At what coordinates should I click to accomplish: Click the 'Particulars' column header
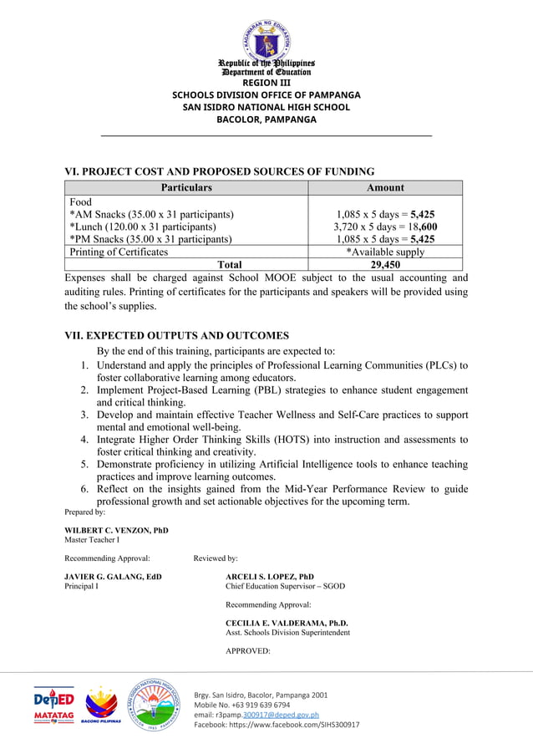point(186,187)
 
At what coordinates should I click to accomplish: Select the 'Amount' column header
point(384,187)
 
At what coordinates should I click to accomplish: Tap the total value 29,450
point(384,265)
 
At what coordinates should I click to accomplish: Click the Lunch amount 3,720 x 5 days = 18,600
point(384,227)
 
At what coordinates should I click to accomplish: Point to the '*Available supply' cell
point(384,252)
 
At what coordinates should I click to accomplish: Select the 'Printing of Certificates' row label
point(119,252)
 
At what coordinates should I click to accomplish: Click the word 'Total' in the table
point(229,265)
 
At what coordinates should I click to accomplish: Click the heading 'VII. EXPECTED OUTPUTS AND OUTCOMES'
point(176,335)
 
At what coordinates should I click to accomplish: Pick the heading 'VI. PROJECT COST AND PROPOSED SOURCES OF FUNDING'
point(220,171)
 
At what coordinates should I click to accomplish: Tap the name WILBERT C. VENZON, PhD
point(116,530)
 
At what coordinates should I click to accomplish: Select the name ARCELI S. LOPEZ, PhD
point(270,577)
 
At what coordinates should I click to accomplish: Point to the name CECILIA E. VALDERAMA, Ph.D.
point(287,624)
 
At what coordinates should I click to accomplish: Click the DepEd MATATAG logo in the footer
point(54,705)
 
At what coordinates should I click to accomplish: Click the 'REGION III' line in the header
point(266,82)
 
